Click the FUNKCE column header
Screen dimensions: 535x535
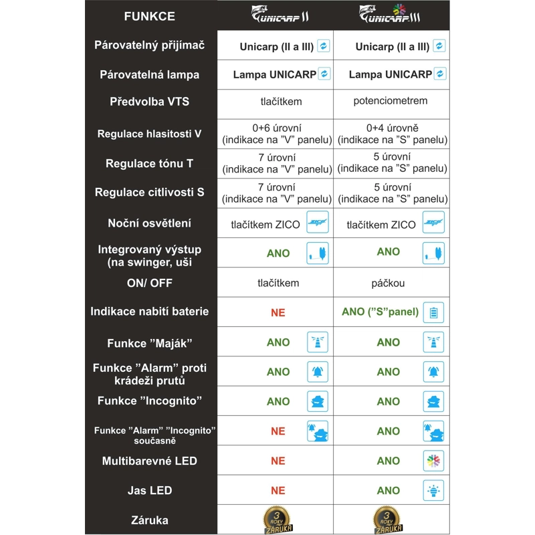click(x=149, y=16)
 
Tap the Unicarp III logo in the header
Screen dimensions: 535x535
click(x=391, y=15)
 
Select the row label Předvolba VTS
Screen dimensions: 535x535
click(x=149, y=102)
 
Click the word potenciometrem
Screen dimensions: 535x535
click(x=391, y=101)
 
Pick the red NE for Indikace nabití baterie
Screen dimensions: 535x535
click(x=278, y=312)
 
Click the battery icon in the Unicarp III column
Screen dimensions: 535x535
click(x=433, y=312)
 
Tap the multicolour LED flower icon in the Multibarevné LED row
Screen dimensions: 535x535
click(x=433, y=461)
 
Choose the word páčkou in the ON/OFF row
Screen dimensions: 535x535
click(x=388, y=283)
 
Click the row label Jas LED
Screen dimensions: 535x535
click(x=149, y=490)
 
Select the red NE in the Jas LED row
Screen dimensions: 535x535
click(x=278, y=490)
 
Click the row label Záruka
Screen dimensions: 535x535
click(x=149, y=520)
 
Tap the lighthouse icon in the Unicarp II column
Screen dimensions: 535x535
click(x=317, y=342)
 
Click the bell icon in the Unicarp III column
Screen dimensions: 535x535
click(x=433, y=372)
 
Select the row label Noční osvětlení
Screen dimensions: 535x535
click(x=149, y=223)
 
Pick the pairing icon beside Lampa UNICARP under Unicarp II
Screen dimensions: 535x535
click(x=324, y=74)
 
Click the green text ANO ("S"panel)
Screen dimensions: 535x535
click(x=380, y=312)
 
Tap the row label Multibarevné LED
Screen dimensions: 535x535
click(x=149, y=461)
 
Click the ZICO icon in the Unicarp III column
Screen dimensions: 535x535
click(x=433, y=223)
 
